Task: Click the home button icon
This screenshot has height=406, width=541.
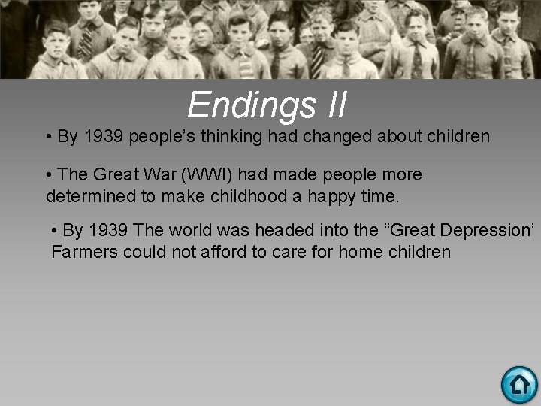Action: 519,385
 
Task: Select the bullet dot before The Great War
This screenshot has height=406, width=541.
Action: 49,175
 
